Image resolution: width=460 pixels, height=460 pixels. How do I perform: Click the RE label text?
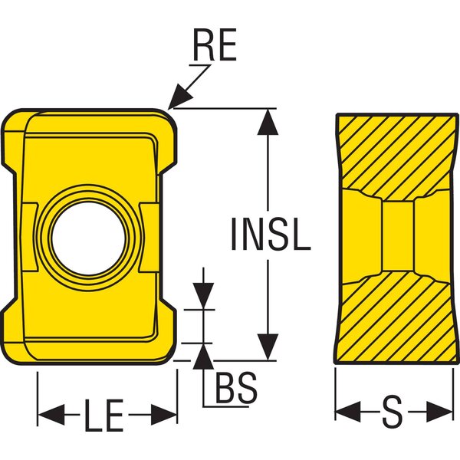click(x=215, y=48)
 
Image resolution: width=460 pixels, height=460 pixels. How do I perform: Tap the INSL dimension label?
click(x=271, y=234)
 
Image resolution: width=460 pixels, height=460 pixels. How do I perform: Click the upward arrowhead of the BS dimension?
click(x=203, y=354)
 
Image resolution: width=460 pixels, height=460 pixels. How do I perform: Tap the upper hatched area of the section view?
click(x=395, y=153)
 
